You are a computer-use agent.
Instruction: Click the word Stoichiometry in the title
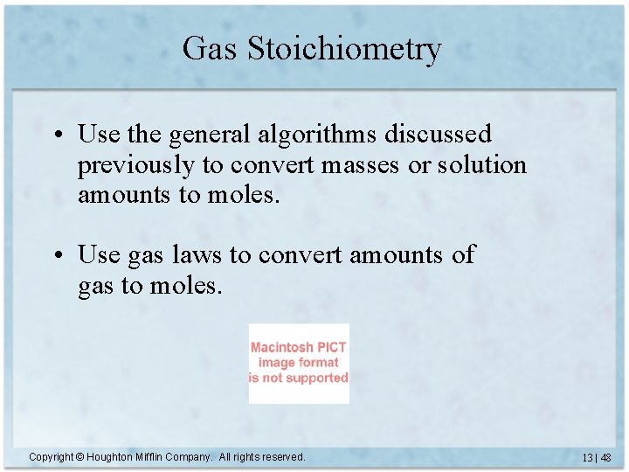point(345,50)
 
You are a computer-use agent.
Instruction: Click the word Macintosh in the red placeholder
point(282,347)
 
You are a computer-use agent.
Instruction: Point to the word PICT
point(332,347)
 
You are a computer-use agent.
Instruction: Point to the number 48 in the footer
point(605,458)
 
